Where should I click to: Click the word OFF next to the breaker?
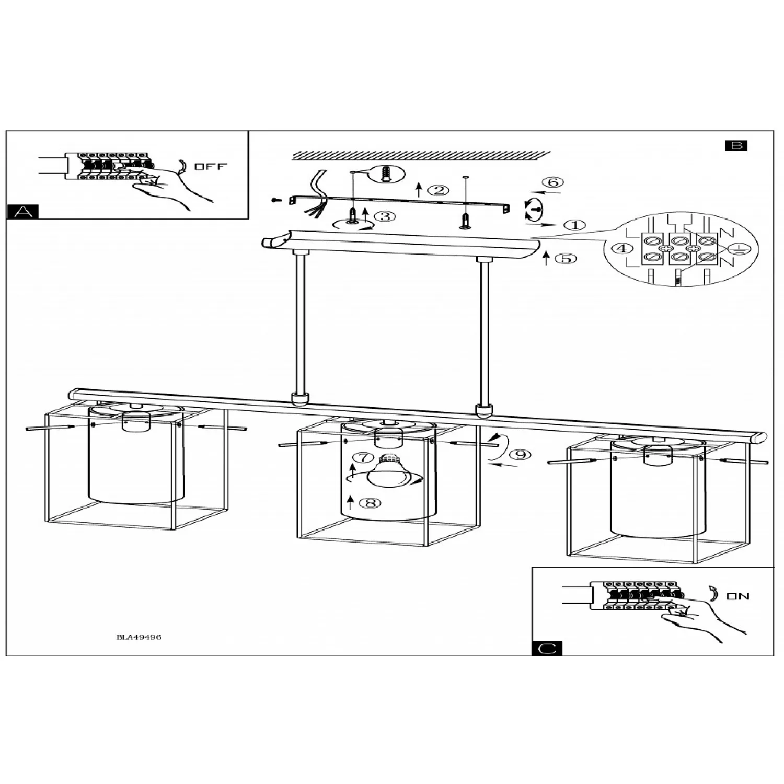[x=211, y=167]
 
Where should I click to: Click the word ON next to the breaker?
[x=737, y=596]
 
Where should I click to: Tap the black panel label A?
[x=23, y=211]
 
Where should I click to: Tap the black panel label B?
[x=736, y=146]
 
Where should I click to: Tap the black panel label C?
[x=547, y=648]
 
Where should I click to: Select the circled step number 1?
[x=575, y=225]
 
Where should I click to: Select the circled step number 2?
[x=438, y=191]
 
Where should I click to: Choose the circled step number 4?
[x=622, y=248]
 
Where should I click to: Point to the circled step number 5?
[x=566, y=258]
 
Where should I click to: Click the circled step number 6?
[x=552, y=182]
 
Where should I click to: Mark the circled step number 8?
[x=370, y=503]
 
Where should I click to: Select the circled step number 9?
[x=520, y=455]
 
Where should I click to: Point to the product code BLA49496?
[x=139, y=637]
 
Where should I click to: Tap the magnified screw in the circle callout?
[x=386, y=174]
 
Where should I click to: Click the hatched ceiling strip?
[x=421, y=155]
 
